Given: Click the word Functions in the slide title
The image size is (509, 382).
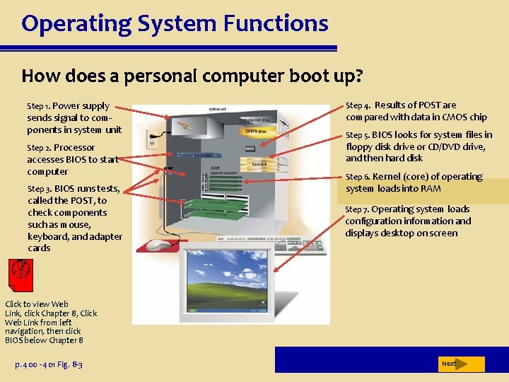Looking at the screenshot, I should tap(276, 24).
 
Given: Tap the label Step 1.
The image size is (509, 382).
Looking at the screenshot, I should tap(38, 106).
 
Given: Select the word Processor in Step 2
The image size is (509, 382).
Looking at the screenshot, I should tap(74, 147).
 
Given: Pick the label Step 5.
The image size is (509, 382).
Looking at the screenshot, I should tap(357, 135).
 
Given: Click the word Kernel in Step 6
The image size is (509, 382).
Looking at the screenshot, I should tap(385, 177).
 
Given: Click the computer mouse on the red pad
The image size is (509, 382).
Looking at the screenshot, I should tap(159, 244).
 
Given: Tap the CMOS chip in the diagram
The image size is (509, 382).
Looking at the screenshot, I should tap(250, 149).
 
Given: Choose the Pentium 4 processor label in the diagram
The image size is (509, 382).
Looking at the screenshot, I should tap(195, 154).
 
